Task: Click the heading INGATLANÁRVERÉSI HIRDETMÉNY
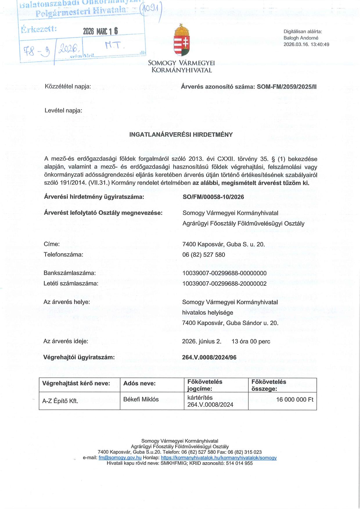click(181, 135)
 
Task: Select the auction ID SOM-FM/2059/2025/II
click(287, 87)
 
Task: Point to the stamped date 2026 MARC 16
click(100, 31)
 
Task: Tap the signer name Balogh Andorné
click(301, 38)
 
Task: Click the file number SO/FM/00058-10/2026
click(213, 197)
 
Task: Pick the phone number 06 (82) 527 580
click(204, 255)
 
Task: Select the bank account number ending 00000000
click(224, 273)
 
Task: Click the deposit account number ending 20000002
click(224, 283)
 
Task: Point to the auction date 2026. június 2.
click(201, 341)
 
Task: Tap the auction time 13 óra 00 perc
click(251, 341)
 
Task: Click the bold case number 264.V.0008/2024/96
click(209, 357)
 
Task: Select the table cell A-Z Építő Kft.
click(60, 401)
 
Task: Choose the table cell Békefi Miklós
click(141, 400)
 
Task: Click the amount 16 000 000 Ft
click(295, 400)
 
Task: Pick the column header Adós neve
click(139, 384)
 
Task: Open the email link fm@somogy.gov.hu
click(120, 458)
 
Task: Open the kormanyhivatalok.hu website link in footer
click(219, 458)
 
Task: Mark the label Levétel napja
click(63, 111)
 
